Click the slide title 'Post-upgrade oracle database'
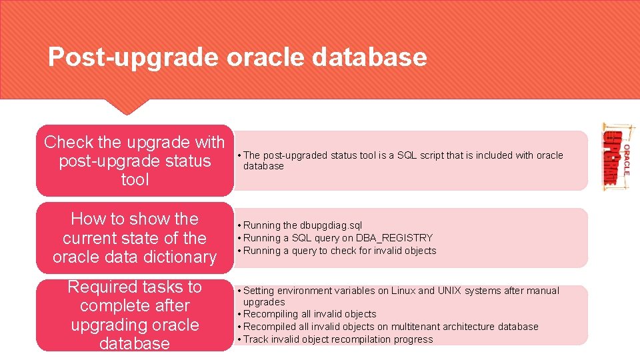pyautogui.click(x=237, y=57)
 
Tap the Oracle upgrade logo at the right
pyautogui.click(x=617, y=158)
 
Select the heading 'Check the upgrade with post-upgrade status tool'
pyautogui.click(x=135, y=161)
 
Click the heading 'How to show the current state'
pyautogui.click(x=135, y=238)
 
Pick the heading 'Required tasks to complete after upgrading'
pyautogui.click(x=135, y=315)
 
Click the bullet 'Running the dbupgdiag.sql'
pyautogui.click(x=303, y=225)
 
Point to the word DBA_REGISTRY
pyautogui.click(x=395, y=238)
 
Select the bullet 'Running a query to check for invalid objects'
pyautogui.click(x=339, y=251)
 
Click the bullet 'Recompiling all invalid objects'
pyautogui.click(x=309, y=314)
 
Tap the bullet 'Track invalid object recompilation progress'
pyautogui.click(x=338, y=339)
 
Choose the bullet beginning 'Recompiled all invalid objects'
pyautogui.click(x=391, y=327)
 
